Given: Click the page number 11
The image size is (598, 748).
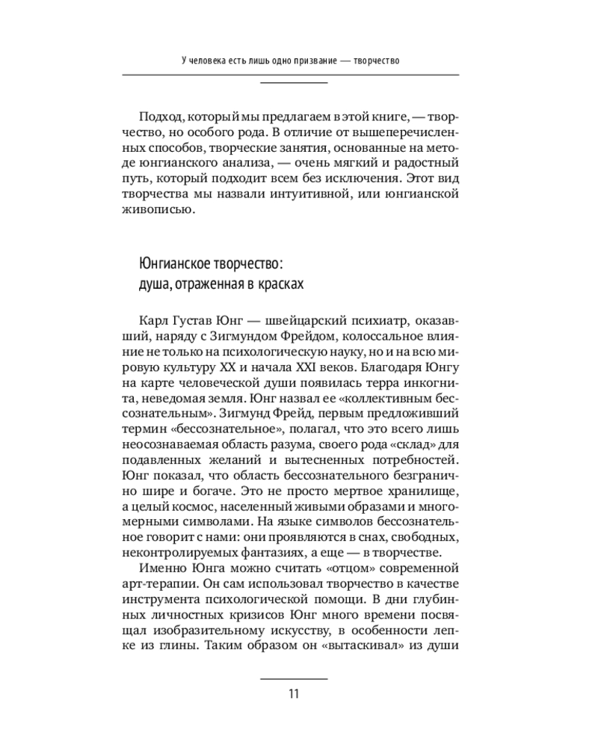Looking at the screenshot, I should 293,693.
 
